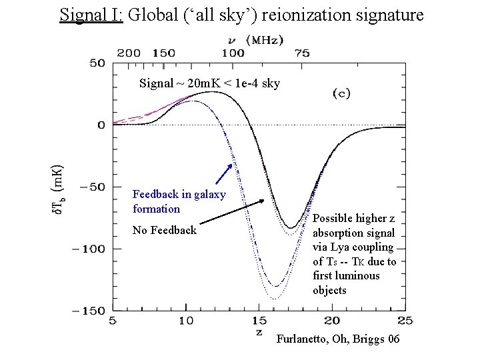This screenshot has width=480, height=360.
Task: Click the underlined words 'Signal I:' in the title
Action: pyautogui.click(x=91, y=15)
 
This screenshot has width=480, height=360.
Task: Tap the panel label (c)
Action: pyautogui.click(x=341, y=94)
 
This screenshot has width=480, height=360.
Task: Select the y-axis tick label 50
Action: pyautogui.click(x=97, y=63)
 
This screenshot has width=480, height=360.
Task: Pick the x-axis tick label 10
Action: pyautogui.click(x=186, y=321)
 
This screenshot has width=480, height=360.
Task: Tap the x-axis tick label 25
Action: pyautogui.click(x=404, y=321)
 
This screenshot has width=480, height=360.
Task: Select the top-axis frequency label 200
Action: pyautogui.click(x=129, y=53)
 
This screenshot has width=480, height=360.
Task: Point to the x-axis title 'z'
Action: pyautogui.click(x=259, y=332)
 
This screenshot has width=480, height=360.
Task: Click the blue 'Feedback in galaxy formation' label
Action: pyautogui.click(x=179, y=201)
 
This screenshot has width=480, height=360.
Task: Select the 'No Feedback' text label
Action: pyautogui.click(x=164, y=230)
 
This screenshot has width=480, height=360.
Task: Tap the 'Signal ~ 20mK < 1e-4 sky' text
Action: pyautogui.click(x=209, y=83)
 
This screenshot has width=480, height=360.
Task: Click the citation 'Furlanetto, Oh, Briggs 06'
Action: pyautogui.click(x=337, y=339)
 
